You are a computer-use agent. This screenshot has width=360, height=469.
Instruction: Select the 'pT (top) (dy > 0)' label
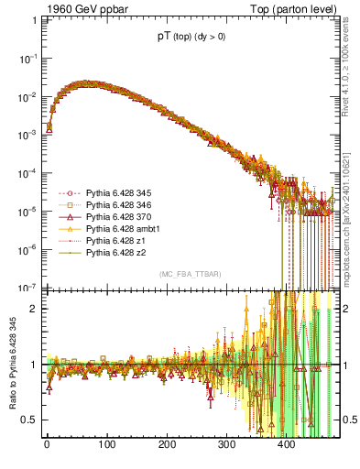tap(192, 38)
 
